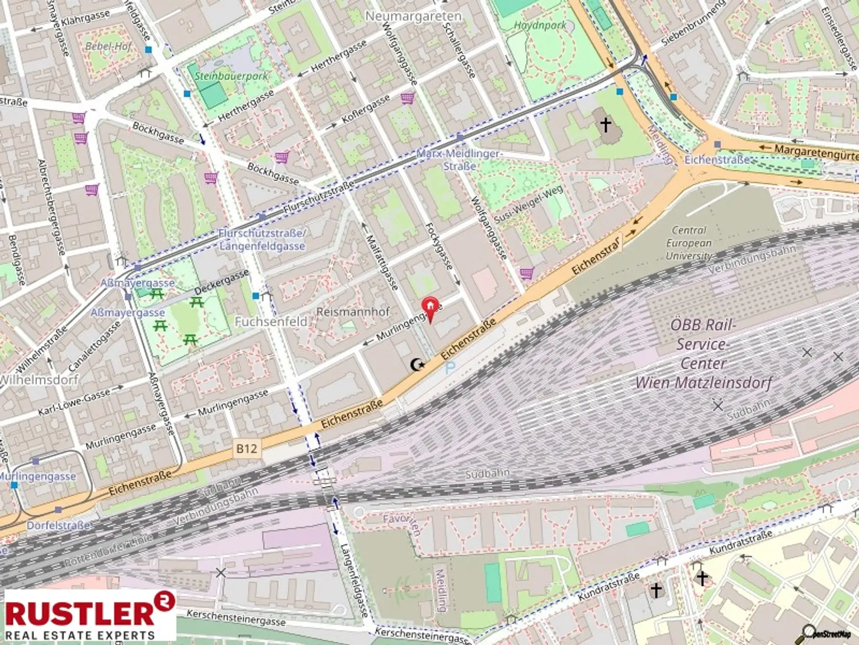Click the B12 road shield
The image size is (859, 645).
246,448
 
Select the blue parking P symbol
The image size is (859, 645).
450,368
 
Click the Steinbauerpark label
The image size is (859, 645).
231,76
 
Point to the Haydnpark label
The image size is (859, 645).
540,25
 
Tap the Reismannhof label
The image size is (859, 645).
352,312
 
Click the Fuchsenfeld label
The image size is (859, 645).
271,321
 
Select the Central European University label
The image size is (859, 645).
688,243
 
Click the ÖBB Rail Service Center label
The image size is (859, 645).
703,354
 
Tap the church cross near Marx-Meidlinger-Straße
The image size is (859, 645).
606,124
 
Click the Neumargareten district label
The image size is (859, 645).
413,16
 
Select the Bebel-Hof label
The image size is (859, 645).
108,46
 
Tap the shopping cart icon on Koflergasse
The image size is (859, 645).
407,99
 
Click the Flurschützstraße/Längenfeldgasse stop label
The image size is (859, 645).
262,240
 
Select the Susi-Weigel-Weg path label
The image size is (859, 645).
528,204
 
